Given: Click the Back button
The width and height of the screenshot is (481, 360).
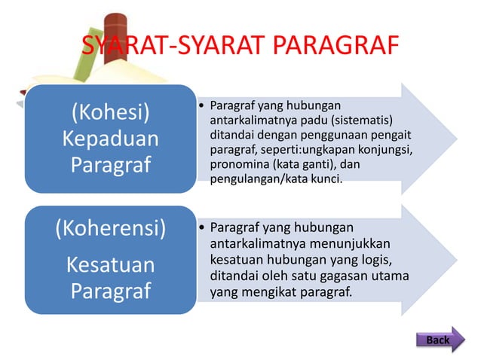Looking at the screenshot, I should pyautogui.click(x=439, y=340).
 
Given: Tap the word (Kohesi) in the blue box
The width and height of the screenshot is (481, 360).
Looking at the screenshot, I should pyautogui.click(x=110, y=113).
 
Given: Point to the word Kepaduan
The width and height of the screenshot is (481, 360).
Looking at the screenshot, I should pyautogui.click(x=110, y=139).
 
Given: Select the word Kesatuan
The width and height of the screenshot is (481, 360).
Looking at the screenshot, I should pyautogui.click(x=111, y=265).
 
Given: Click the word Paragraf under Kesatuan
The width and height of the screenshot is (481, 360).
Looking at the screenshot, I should pyautogui.click(x=111, y=291).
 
